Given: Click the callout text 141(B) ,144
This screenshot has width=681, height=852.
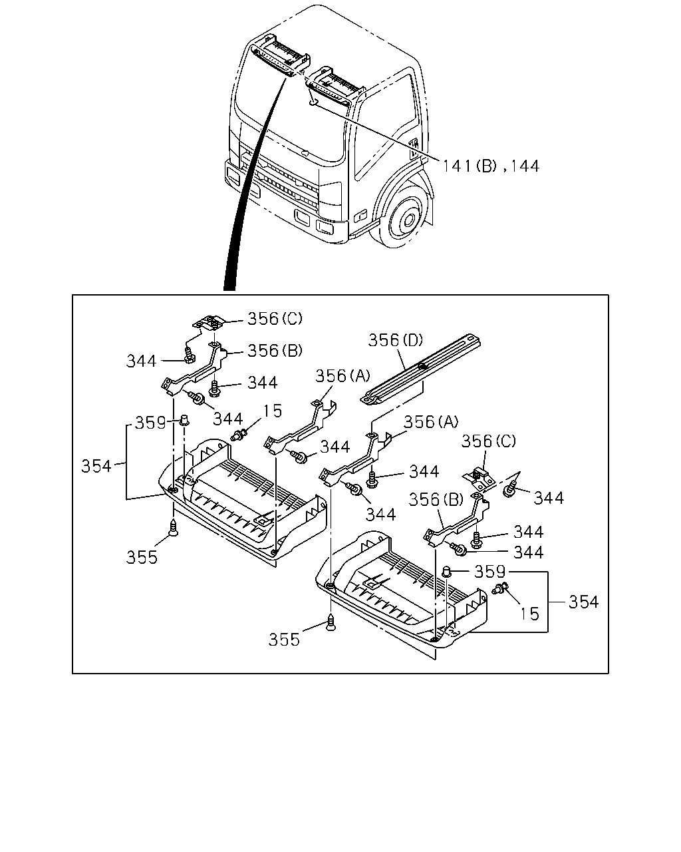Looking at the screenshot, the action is point(490,166).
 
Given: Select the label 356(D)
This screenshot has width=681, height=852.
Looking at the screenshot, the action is point(396,340).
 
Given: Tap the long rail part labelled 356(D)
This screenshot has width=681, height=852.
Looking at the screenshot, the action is point(420,369).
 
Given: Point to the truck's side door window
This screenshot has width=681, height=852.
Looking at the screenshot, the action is point(384,126).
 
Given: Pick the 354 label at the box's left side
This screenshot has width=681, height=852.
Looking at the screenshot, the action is point(96,466).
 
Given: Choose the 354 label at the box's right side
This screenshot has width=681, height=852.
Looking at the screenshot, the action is point(584,602).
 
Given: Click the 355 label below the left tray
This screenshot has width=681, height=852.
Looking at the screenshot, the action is point(142,557).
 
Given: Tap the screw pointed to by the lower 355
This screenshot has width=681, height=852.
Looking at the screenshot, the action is point(331,622).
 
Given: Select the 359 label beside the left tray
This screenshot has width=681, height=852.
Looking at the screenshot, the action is point(150,423).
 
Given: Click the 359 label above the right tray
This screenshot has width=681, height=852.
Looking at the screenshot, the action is point(490,571).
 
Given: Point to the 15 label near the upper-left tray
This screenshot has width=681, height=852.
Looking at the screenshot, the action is point(273,411).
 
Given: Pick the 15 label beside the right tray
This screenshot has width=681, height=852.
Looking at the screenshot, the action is point(529,614).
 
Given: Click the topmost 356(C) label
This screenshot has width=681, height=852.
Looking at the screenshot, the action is point(275,318).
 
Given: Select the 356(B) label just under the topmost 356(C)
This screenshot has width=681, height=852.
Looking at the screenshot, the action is point(275,350).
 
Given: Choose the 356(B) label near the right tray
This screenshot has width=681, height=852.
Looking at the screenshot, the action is point(436,500).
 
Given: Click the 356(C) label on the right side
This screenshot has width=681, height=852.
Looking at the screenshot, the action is point(489,441).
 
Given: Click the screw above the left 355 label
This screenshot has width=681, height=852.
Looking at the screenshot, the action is point(174,529).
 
